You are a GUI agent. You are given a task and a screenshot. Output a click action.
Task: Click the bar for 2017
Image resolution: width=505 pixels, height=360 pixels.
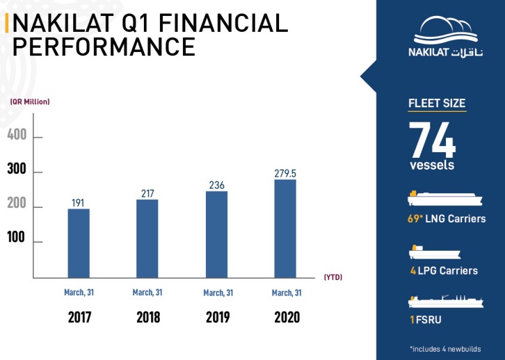click(79, 243)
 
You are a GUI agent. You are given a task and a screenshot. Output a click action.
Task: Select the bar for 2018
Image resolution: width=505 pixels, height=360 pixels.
click(147, 238)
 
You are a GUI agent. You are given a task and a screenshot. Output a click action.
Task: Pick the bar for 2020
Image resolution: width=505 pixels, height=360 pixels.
click(285, 229)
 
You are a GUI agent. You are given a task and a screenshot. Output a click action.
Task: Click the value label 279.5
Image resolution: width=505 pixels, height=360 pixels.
click(285, 172)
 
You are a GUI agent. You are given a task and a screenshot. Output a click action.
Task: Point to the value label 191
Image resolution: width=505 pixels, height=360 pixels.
click(79, 202)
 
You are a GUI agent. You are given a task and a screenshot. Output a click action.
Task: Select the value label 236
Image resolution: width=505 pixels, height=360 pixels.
click(216, 185)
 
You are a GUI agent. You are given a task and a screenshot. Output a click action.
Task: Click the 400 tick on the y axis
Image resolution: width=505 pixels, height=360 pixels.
click(17, 135)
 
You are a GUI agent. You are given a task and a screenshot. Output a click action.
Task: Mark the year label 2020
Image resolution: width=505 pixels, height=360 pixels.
click(287, 317)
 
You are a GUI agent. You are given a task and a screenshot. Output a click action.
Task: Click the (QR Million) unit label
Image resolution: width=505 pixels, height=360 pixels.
click(30, 101)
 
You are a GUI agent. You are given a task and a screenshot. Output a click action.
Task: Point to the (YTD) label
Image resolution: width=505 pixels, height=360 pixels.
click(333, 277)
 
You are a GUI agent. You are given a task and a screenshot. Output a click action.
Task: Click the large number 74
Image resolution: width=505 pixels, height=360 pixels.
click(432, 141)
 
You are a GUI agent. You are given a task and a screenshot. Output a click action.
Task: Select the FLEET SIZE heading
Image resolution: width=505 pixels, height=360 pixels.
click(436, 104)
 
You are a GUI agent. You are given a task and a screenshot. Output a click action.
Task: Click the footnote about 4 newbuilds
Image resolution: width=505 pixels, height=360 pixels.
click(445, 348)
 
